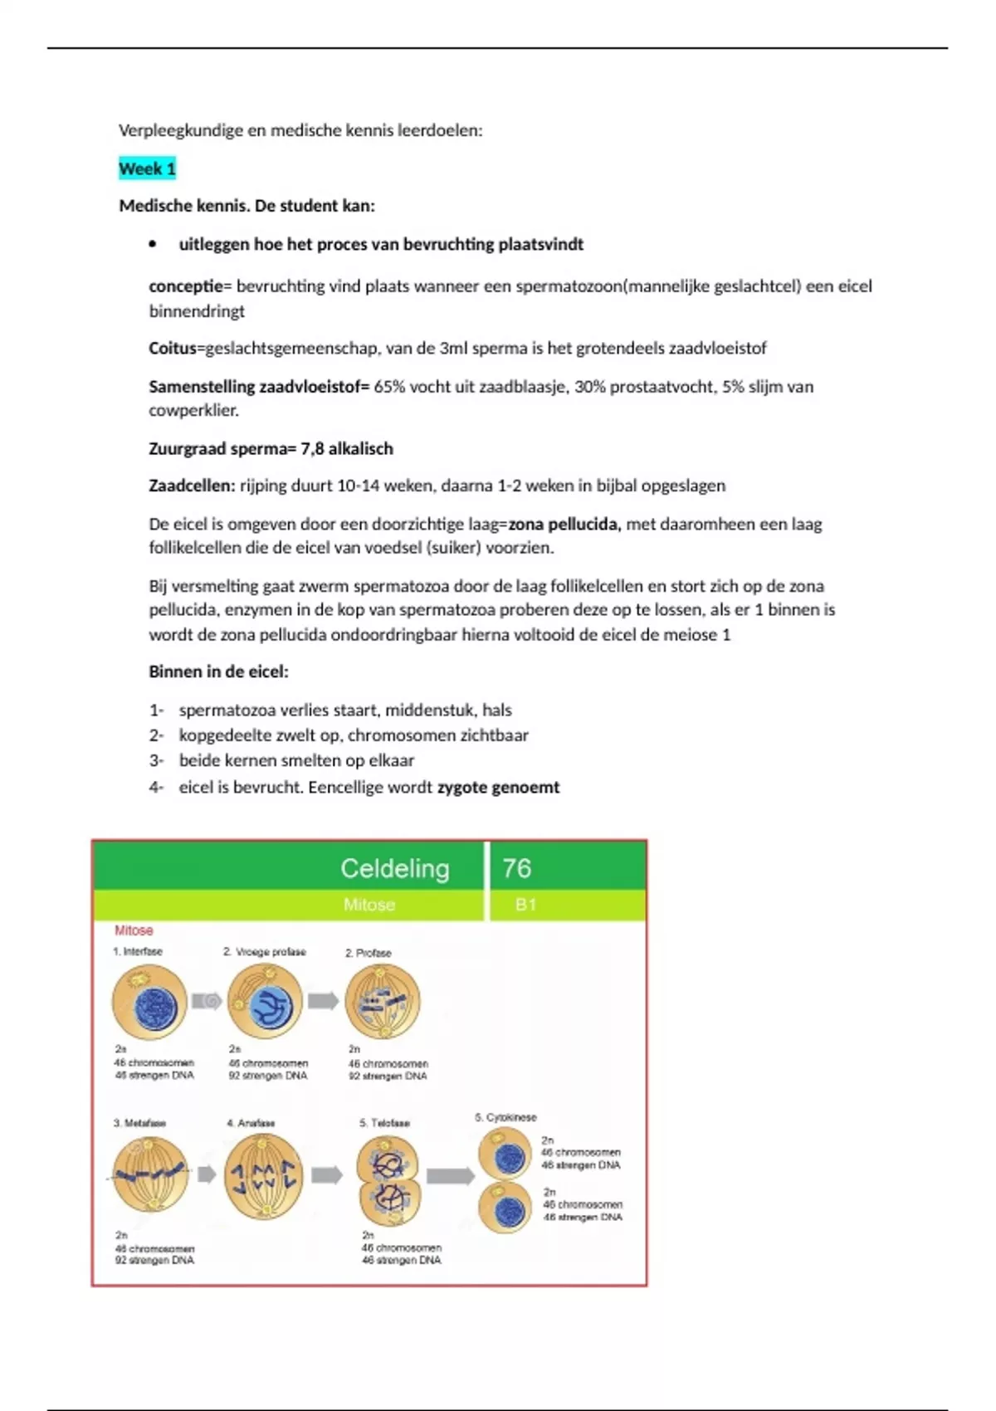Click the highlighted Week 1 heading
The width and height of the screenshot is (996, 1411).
pyautogui.click(x=147, y=168)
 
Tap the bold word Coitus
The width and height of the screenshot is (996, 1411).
pyautogui.click(x=172, y=349)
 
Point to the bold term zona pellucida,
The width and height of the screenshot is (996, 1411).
pyautogui.click(x=564, y=524)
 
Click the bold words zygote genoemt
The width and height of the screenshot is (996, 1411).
pyautogui.click(x=498, y=787)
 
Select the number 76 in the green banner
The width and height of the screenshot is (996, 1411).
pyautogui.click(x=516, y=868)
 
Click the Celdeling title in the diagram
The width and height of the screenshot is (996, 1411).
pyautogui.click(x=395, y=868)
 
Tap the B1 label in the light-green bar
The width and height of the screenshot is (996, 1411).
pyautogui.click(x=525, y=905)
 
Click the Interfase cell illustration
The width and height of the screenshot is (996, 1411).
pyautogui.click(x=149, y=1003)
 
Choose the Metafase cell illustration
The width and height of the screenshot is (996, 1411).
pyautogui.click(x=150, y=1174)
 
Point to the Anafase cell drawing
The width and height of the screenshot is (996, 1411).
pyautogui.click(x=263, y=1175)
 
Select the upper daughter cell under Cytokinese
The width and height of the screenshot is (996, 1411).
pyautogui.click(x=505, y=1154)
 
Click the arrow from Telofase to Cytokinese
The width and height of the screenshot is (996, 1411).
pyautogui.click(x=450, y=1175)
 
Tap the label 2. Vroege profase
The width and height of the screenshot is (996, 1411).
pyautogui.click(x=264, y=952)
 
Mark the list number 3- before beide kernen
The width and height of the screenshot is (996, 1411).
pyautogui.click(x=157, y=760)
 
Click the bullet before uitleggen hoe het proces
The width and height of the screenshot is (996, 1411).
pyautogui.click(x=152, y=245)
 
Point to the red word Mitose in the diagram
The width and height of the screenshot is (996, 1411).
pyautogui.click(x=134, y=930)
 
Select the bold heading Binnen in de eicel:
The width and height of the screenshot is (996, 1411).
pyautogui.click(x=218, y=671)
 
